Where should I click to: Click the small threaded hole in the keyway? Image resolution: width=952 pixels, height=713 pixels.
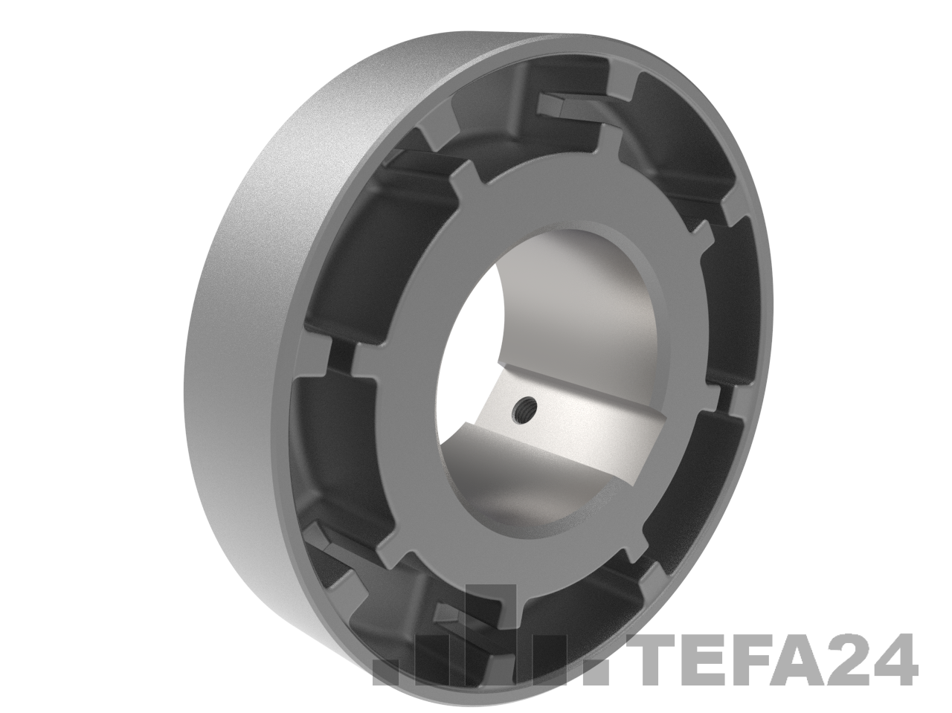click(525, 408)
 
